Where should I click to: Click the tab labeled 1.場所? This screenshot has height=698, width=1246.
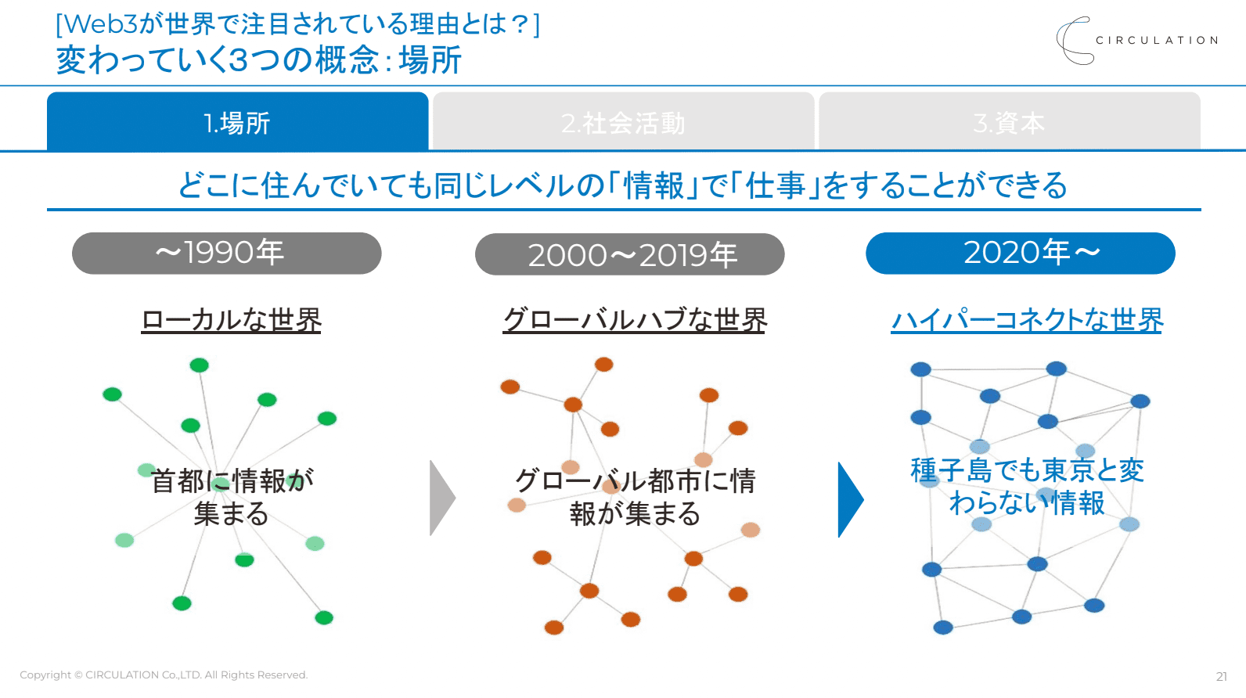click(x=237, y=123)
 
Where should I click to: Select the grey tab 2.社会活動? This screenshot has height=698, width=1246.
click(x=623, y=123)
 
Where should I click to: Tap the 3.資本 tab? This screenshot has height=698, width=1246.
click(x=1009, y=123)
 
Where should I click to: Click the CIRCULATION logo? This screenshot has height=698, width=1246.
click(x=1137, y=41)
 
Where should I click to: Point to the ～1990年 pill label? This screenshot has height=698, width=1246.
click(x=226, y=253)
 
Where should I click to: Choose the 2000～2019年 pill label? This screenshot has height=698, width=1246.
click(x=629, y=254)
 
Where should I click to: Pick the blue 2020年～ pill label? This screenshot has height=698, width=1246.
click(x=1020, y=253)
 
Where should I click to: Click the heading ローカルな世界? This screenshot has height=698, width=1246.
click(x=231, y=320)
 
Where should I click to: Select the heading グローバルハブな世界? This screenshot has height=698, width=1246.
click(x=635, y=320)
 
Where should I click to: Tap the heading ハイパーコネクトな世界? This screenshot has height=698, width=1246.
click(x=1027, y=320)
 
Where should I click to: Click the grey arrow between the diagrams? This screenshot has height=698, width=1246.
click(x=442, y=498)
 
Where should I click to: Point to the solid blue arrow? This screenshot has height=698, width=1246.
click(x=850, y=499)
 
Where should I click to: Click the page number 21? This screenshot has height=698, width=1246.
click(x=1221, y=676)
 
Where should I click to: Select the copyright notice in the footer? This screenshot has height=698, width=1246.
click(x=164, y=675)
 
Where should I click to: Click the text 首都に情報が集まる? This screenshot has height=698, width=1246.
click(x=232, y=497)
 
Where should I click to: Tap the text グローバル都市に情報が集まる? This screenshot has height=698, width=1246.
click(x=635, y=497)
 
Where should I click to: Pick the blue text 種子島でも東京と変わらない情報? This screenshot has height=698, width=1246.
click(x=1027, y=486)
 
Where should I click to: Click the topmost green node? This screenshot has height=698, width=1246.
click(x=200, y=365)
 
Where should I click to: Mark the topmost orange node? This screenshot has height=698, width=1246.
click(x=603, y=364)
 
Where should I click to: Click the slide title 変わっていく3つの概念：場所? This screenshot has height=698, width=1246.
click(x=259, y=60)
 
